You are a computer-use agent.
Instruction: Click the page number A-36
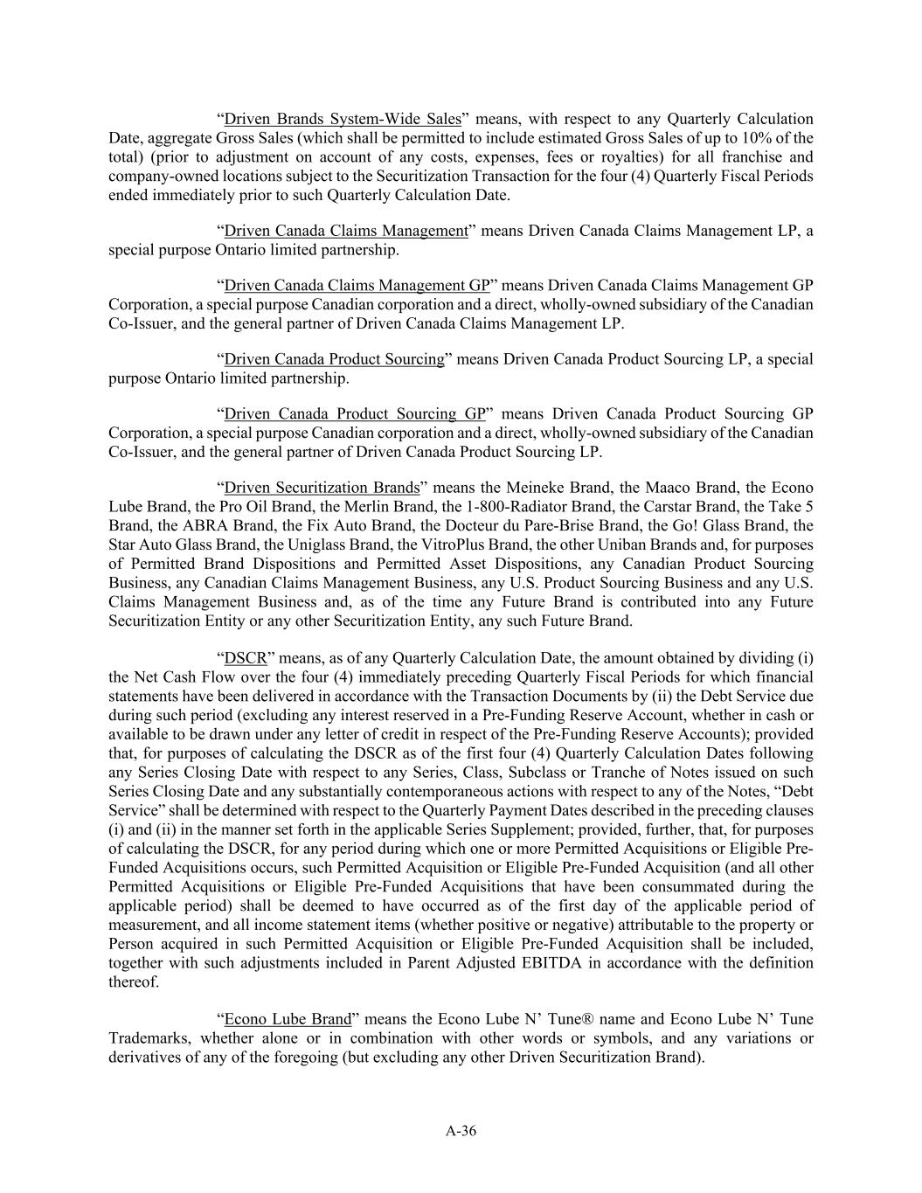pyautogui.click(x=461, y=1131)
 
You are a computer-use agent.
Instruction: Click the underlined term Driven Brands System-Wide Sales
pyautogui.click(x=343, y=119)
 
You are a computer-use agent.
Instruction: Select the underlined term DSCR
pyautogui.click(x=245, y=658)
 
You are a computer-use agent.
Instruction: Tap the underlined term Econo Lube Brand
pyautogui.click(x=288, y=1019)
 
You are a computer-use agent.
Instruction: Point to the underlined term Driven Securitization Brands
pyautogui.click(x=322, y=488)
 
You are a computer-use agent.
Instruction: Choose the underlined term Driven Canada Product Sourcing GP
pyautogui.click(x=354, y=414)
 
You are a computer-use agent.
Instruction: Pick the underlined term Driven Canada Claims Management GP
pyautogui.click(x=357, y=286)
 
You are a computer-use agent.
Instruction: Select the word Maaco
pyautogui.click(x=669, y=488)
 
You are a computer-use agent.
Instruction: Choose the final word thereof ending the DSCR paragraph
pyautogui.click(x=134, y=982)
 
